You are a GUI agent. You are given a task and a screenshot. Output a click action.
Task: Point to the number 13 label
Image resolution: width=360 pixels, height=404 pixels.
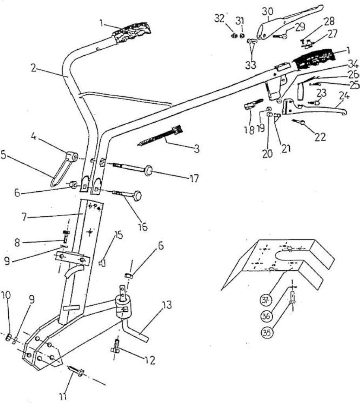click(x=167, y=305)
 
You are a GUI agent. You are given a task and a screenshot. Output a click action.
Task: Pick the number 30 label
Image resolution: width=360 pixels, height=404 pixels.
click(x=268, y=11)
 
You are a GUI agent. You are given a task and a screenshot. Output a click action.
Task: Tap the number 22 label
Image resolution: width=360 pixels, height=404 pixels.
click(x=320, y=137)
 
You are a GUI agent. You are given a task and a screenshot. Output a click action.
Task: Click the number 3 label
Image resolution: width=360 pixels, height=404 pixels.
click(x=197, y=149)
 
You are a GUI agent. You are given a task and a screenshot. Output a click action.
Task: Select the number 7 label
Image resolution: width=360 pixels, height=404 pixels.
click(x=24, y=217)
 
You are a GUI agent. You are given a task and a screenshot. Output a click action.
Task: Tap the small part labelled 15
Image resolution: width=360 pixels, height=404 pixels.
click(x=103, y=263)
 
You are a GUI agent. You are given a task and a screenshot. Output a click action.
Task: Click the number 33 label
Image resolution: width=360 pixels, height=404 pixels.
click(x=251, y=65)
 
